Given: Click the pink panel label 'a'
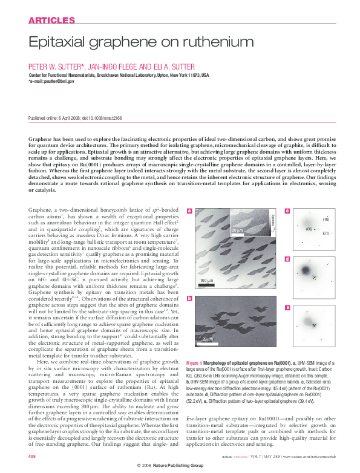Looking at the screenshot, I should [190, 211].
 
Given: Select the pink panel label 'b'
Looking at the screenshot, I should [190, 298].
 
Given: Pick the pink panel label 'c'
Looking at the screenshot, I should [287, 211].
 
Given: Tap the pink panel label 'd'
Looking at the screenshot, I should [287, 259].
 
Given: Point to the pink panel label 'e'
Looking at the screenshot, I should [287, 308].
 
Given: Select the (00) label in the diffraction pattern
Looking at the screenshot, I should [308, 229].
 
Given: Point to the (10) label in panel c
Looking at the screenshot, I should [326, 218].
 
